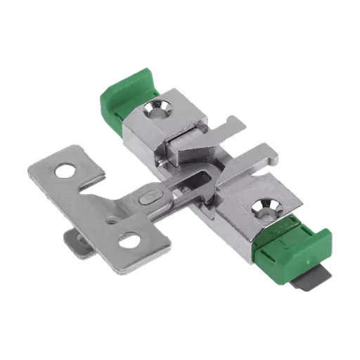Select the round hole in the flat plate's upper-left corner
pyautogui.click(x=65, y=169)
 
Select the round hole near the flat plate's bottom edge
pyautogui.click(x=129, y=240)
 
